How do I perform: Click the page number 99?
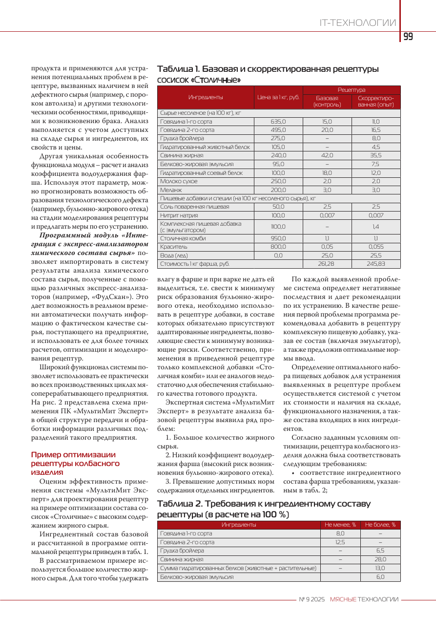pos(408,37)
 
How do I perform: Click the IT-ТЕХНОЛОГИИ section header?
pos(357,23)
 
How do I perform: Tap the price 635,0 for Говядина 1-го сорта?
pos(278,121)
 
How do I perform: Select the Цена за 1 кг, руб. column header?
pos(278,97)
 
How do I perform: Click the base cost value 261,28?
pos(327,264)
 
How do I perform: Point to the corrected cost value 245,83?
pos(376,264)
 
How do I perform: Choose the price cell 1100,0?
pos(278,227)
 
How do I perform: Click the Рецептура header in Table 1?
pos(352,90)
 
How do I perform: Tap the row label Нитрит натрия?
pos(179,215)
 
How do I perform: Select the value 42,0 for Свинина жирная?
pos(327,155)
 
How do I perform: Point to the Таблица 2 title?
pos(264,509)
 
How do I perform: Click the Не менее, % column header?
pos(340,525)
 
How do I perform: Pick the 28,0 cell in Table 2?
pos(380,559)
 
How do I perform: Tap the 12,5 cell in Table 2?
pos(340,542)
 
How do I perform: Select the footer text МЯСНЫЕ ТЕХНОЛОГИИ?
pos(364,599)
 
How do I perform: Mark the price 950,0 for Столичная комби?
pos(278,238)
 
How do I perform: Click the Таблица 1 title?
pos(268,74)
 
